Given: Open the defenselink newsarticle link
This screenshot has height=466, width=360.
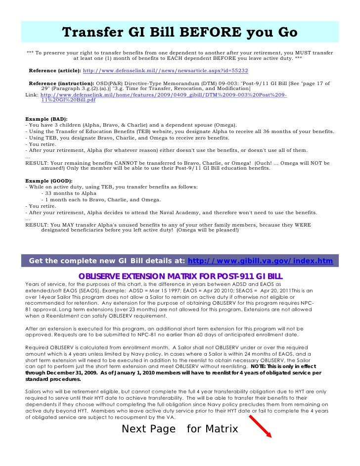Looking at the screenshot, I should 165,71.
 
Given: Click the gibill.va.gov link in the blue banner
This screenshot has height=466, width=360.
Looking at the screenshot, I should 261,260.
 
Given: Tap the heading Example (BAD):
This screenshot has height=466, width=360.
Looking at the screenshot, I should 44,119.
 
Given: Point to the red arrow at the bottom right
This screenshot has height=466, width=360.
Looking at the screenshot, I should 260,427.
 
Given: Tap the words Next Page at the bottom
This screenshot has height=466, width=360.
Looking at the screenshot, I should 148,429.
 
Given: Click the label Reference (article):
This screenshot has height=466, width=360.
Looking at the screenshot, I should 54,71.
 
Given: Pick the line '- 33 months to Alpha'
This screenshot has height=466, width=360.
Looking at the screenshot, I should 69,193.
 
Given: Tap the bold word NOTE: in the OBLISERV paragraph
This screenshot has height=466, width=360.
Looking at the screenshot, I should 261,367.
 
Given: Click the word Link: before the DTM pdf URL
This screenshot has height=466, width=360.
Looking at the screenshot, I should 32,94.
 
